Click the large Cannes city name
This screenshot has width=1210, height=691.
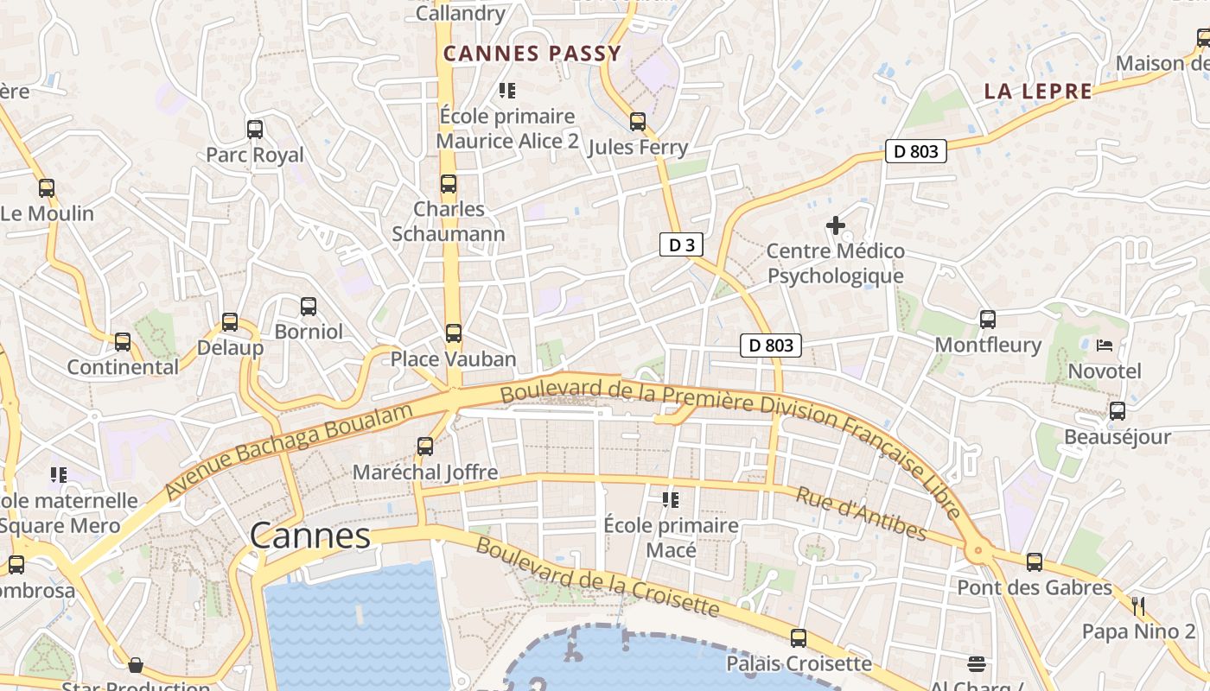pyautogui.click(x=310, y=536)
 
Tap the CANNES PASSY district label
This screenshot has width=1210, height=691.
pyautogui.click(x=532, y=54)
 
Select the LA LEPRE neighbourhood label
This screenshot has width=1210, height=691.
pyautogui.click(x=1038, y=92)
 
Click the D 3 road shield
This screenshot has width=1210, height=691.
pyautogui.click(x=681, y=245)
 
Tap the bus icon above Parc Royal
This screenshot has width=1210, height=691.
pyautogui.click(x=255, y=130)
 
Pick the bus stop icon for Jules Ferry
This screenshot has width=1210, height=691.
pyautogui.click(x=638, y=122)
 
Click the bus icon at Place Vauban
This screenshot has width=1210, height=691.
pyautogui.click(x=454, y=333)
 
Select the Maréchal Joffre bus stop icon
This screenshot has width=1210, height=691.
pyautogui.click(x=425, y=447)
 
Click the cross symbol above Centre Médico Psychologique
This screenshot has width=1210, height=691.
pyautogui.click(x=836, y=225)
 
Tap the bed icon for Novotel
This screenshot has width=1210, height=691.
pyautogui.click(x=1105, y=345)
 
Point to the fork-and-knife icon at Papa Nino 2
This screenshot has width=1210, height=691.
pyautogui.click(x=1138, y=605)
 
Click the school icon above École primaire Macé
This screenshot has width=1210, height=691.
pyautogui.click(x=670, y=499)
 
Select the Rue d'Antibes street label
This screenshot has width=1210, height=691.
pyautogui.click(x=861, y=514)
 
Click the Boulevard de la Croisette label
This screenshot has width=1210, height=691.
pyautogui.click(x=597, y=577)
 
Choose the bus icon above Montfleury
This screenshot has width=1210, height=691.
pyautogui.click(x=988, y=319)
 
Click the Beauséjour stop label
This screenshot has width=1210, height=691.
pyautogui.click(x=1117, y=436)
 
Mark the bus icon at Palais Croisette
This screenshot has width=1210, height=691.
pyautogui.click(x=799, y=638)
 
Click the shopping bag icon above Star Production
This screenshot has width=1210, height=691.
pyautogui.click(x=136, y=665)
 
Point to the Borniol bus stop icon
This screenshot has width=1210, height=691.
pyautogui.click(x=309, y=306)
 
